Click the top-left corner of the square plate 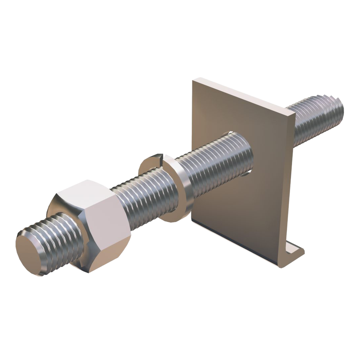[192, 80]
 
